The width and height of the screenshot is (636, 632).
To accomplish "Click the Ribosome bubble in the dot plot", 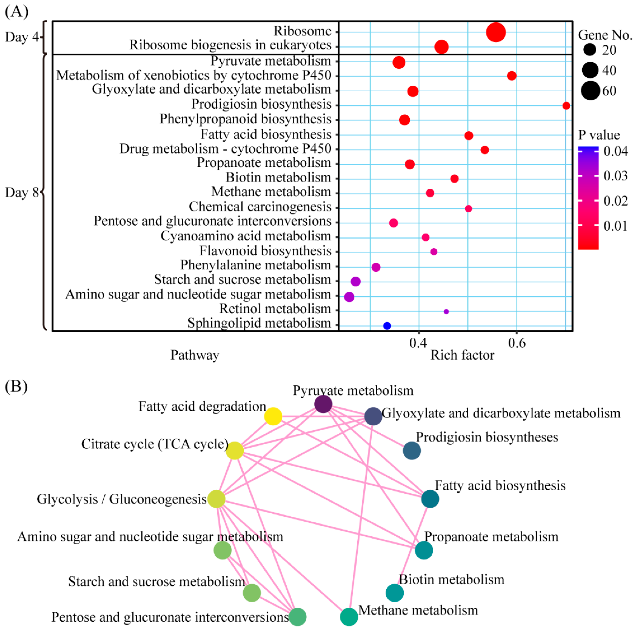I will coord(496,32).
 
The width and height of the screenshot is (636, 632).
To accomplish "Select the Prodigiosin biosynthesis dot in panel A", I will coord(566,106).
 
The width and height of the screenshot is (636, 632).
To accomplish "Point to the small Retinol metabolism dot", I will coord(446,311).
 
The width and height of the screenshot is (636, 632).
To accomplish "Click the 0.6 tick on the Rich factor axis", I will coord(516,343).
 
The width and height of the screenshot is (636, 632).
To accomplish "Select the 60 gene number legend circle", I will coord(590,91).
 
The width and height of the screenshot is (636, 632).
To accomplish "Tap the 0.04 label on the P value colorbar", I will coord(615,151).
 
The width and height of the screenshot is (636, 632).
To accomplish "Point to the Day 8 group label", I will coord(21,192).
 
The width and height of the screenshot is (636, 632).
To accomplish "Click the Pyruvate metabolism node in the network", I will coord(323,404).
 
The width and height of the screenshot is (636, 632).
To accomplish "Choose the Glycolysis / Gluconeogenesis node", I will coord(216,499).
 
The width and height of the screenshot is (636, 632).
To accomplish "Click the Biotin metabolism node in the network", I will coord(394,593).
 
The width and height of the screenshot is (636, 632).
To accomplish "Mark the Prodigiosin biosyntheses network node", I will coord(411,450).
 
